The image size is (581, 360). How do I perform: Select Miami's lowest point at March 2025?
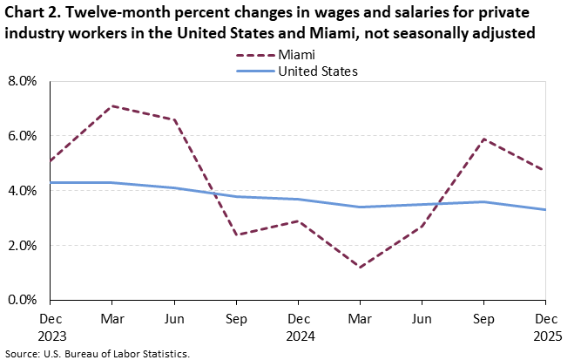pyautogui.click(x=361, y=267)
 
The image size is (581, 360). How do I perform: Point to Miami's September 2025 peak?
pyautogui.click(x=484, y=139)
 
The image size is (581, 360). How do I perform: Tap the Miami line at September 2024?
pyautogui.click(x=237, y=234)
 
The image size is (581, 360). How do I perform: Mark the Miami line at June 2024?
pyautogui.click(x=175, y=119)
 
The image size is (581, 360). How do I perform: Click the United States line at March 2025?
pyautogui.click(x=361, y=207)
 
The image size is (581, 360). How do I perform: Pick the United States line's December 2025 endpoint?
pyautogui.click(x=546, y=209)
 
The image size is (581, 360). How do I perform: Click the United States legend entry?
pyautogui.click(x=317, y=71)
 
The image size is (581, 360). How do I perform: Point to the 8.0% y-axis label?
pyautogui.click(x=23, y=81)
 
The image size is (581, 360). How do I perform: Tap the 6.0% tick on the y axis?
pyautogui.click(x=23, y=136)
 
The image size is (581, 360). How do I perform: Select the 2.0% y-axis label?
pyautogui.click(x=23, y=245)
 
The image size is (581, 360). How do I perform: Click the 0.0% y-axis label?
pyautogui.click(x=23, y=300)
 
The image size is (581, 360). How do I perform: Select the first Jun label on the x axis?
pyautogui.click(x=175, y=318)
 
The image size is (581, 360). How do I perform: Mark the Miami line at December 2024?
pyautogui.click(x=299, y=221)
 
